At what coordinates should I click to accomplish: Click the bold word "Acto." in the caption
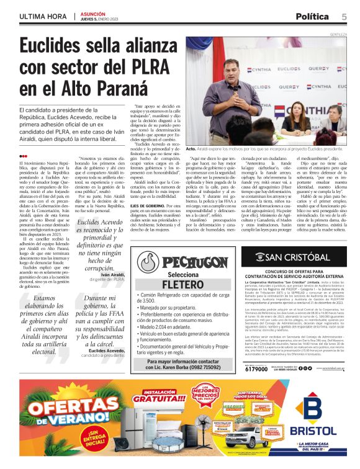coord(191,150)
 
